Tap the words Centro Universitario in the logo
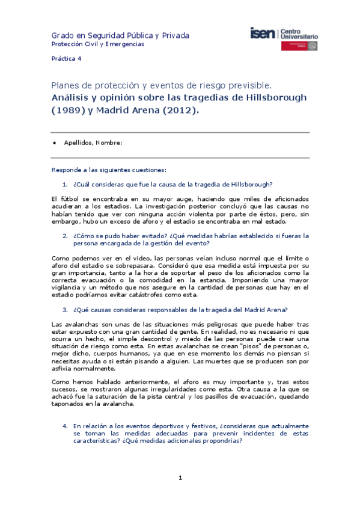(x=299, y=34)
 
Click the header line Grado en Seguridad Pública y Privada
(x=120, y=35)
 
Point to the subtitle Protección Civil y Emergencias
(x=97, y=45)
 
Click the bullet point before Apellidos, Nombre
(x=55, y=143)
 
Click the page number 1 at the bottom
(x=180, y=478)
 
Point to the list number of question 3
(x=65, y=310)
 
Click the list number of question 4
(x=65, y=425)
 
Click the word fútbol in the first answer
(x=70, y=198)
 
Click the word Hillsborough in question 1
(x=249, y=184)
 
